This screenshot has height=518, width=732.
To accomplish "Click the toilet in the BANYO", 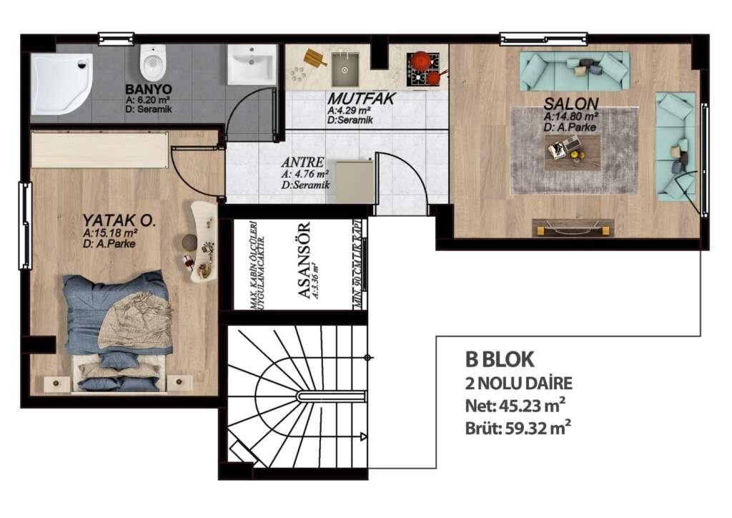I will (152, 62).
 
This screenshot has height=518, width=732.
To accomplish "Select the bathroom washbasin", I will (251, 64).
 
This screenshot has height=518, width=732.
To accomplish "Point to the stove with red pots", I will (423, 66).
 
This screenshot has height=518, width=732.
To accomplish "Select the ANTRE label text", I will (302, 162).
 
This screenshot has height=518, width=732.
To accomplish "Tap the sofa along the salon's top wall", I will (574, 70).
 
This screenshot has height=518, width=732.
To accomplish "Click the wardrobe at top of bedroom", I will (100, 150).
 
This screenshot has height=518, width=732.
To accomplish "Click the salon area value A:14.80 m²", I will (570, 116).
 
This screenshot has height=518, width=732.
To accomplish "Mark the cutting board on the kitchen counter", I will (315, 57).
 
